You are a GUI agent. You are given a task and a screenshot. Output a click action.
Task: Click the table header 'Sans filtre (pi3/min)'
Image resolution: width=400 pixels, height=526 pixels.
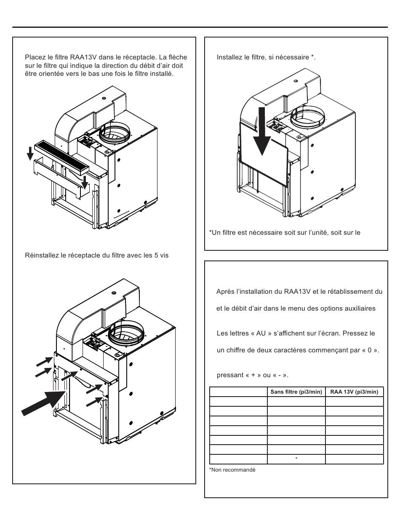[x=296, y=392]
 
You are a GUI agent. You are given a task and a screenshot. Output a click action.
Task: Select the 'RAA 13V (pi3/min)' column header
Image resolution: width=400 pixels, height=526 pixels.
[x=354, y=392]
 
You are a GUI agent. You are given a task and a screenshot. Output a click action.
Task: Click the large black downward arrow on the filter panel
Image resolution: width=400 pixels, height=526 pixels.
[x=262, y=131]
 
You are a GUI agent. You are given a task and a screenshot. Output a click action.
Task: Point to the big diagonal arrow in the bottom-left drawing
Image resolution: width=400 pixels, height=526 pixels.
[x=43, y=403]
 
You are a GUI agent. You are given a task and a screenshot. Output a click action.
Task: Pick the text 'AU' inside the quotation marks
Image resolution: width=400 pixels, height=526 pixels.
[x=261, y=333]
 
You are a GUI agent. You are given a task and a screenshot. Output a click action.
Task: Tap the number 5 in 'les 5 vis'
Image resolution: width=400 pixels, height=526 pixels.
[x=156, y=255]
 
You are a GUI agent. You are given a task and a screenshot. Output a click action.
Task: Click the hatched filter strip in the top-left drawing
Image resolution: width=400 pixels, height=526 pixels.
[x=61, y=157]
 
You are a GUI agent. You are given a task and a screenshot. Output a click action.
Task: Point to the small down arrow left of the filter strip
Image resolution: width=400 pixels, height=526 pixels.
[x=30, y=153]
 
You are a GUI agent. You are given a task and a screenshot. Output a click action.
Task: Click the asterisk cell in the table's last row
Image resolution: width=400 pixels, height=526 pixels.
[x=296, y=458]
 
